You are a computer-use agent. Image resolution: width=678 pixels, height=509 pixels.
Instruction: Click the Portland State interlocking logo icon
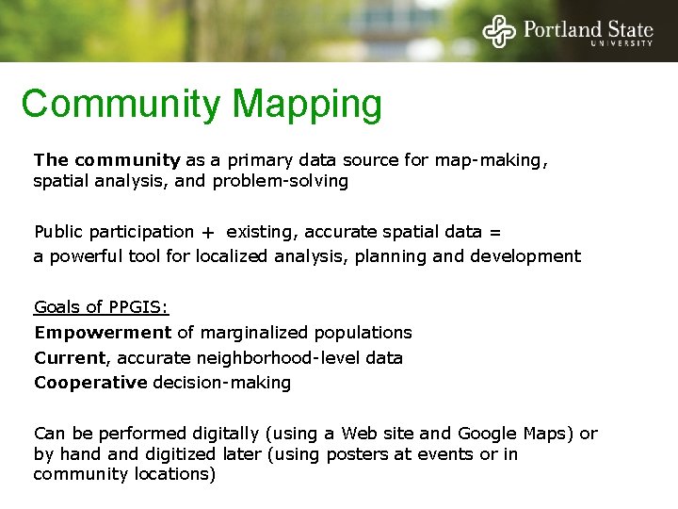coord(499,30)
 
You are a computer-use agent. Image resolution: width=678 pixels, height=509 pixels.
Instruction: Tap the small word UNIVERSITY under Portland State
coord(621,43)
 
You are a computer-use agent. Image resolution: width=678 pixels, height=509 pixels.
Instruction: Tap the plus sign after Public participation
coord(206,232)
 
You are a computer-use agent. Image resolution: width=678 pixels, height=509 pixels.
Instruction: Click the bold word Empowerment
coord(103,333)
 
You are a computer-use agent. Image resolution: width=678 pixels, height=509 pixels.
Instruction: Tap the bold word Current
coord(70,358)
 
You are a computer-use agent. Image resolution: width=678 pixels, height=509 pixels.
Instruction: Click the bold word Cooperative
coord(90,383)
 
